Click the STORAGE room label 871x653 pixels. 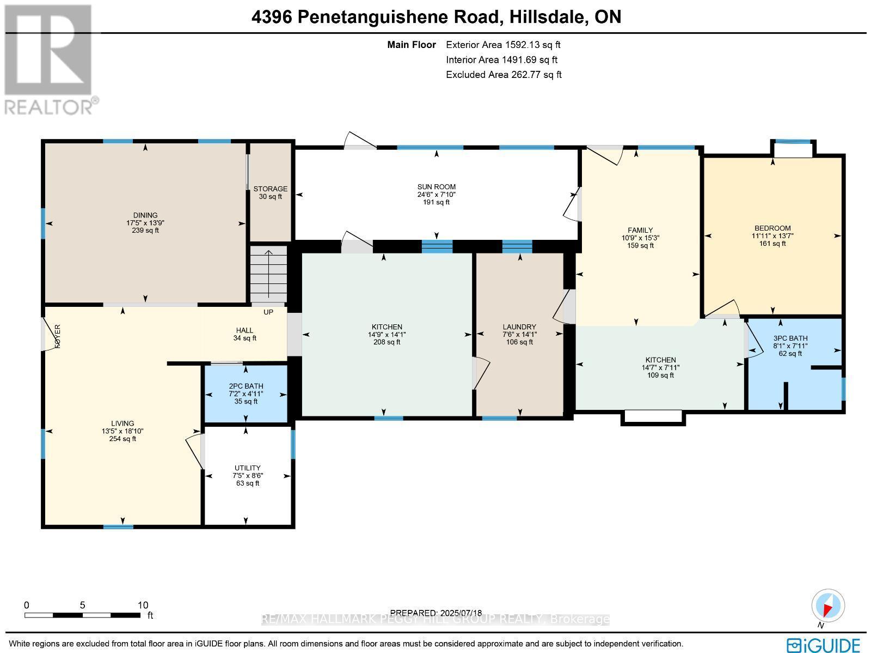(270, 189)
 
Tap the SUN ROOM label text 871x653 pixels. (436, 187)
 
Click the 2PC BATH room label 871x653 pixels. (246, 386)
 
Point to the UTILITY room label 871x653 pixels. (248, 468)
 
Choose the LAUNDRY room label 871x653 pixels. (519, 327)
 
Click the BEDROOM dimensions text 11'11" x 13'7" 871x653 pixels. (772, 236)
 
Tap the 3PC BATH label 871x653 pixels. (790, 338)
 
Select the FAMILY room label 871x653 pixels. (640, 231)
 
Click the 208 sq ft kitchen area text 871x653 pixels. (387, 342)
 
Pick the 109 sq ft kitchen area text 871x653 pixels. (660, 375)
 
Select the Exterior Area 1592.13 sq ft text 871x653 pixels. (503, 45)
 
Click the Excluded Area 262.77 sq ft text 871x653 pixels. (504, 75)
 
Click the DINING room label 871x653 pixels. (145, 215)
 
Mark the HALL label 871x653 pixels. (244, 330)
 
